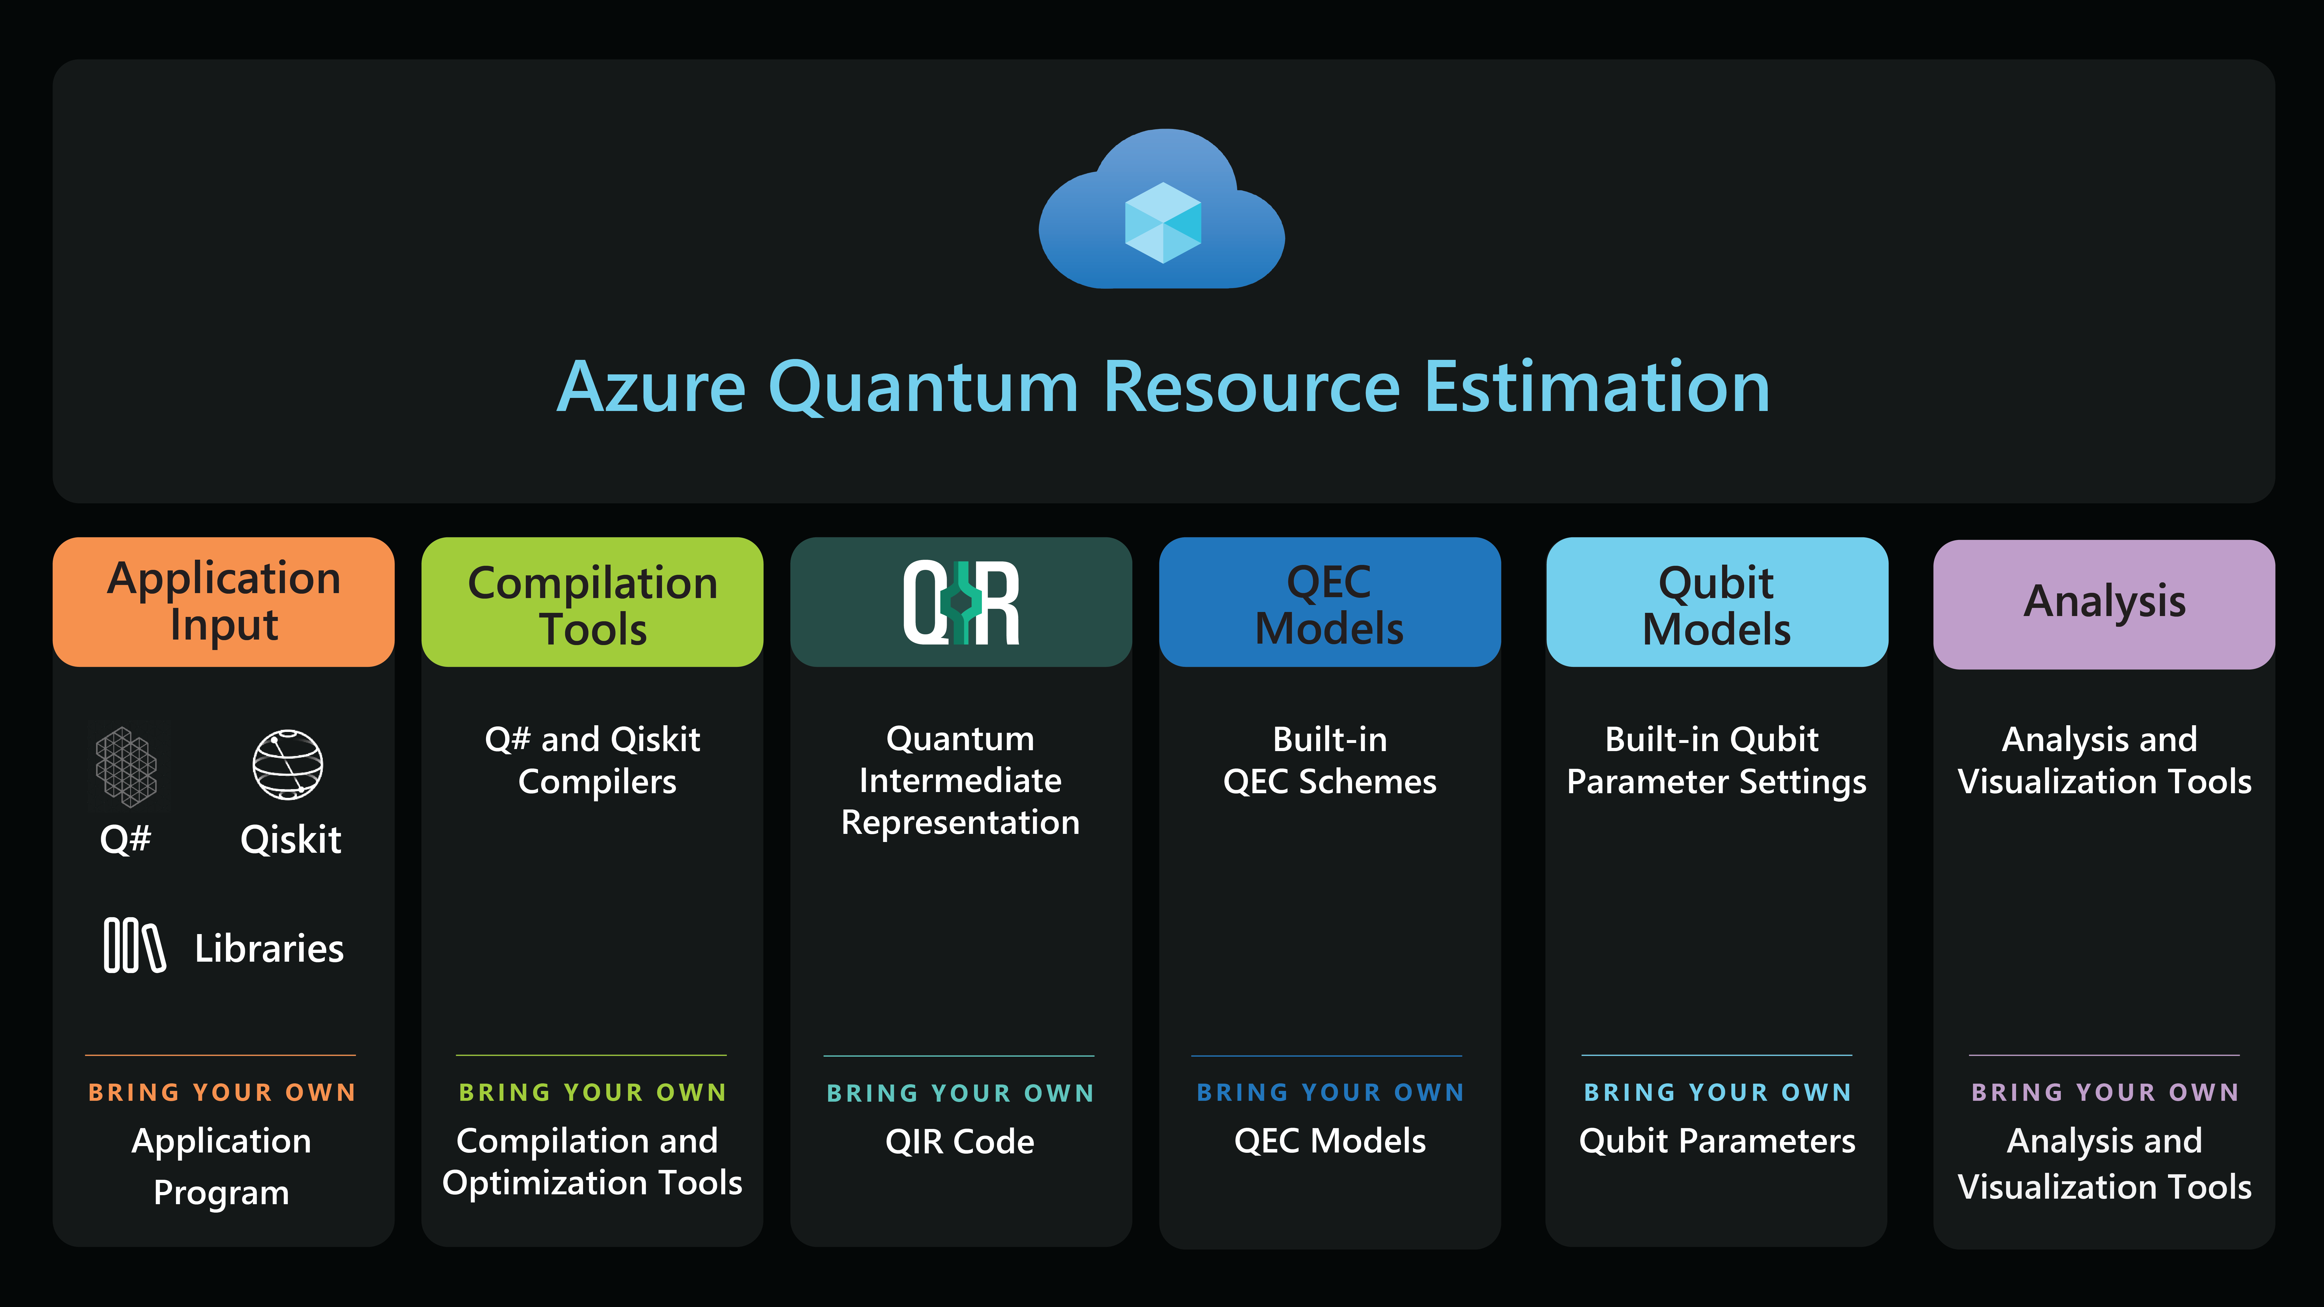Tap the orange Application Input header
(x=223, y=602)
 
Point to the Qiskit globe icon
(x=288, y=765)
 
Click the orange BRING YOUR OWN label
(x=222, y=1092)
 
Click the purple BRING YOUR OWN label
(x=2104, y=1092)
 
